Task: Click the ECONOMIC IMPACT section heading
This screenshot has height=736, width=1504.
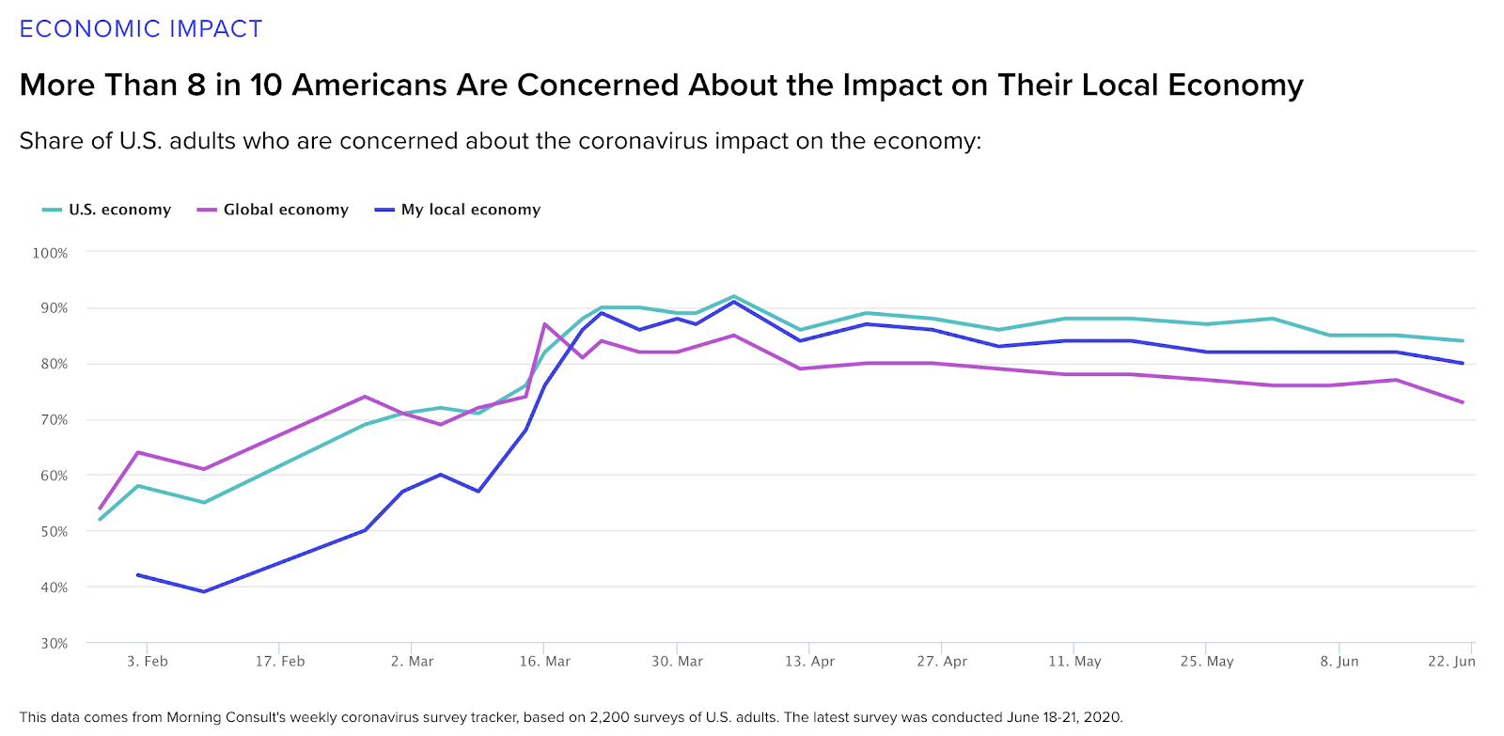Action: coord(141,29)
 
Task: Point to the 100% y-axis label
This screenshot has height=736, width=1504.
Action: coord(50,253)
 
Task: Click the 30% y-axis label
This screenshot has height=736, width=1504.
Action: coord(54,644)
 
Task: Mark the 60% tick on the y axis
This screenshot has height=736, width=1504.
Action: coord(54,476)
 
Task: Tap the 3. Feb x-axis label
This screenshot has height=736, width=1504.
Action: coord(148,662)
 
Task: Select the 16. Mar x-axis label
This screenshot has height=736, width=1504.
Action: coord(545,662)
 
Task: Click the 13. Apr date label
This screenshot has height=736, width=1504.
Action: coord(809,662)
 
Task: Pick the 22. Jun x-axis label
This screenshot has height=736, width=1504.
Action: coord(1451,662)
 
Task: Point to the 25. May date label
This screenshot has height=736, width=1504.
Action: coord(1207,662)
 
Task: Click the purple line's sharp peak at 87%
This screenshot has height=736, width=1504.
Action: coord(545,324)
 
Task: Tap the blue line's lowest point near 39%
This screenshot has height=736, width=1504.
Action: coord(204,591)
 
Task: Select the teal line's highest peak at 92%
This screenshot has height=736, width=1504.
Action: coord(734,296)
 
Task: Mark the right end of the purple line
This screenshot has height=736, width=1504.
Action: coord(1463,402)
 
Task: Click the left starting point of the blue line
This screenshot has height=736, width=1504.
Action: coord(138,574)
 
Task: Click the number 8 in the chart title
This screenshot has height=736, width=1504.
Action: coord(196,86)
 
